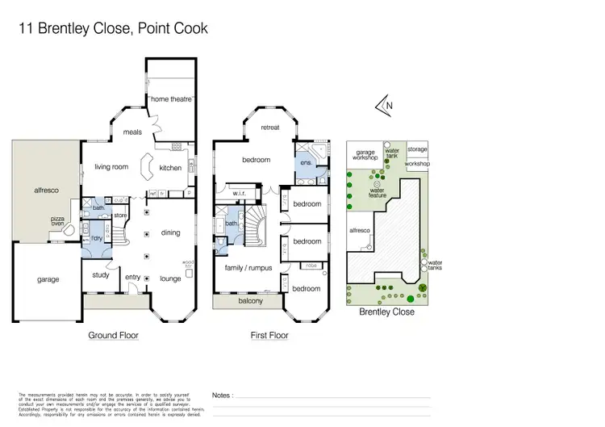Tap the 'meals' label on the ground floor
tap(132, 132)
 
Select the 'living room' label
tap(112, 167)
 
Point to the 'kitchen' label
tap(171, 168)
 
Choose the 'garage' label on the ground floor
tap(48, 279)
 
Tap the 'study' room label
tap(101, 274)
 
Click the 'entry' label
tap(133, 278)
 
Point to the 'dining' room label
tap(171, 232)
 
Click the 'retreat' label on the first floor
tap(270, 128)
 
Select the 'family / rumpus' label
tap(248, 267)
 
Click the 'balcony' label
tap(251, 301)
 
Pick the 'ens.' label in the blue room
tap(306, 162)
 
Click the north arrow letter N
tap(390, 105)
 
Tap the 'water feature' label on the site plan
tap(378, 194)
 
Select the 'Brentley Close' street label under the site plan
tap(387, 312)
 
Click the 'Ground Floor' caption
tap(113, 335)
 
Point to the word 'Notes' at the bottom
tap(223, 396)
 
